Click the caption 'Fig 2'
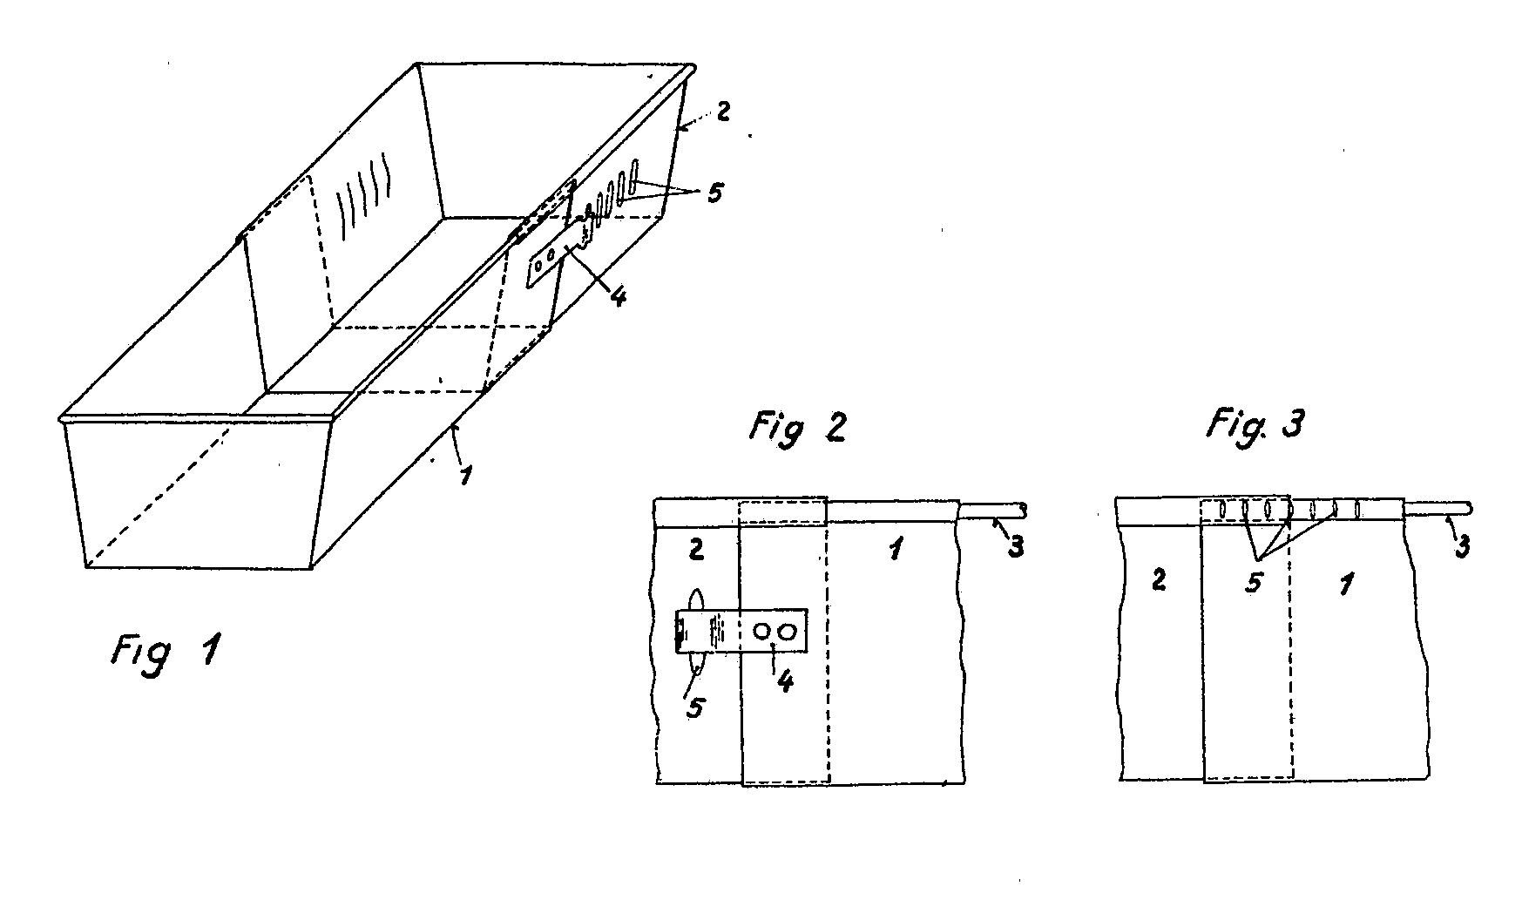(797, 428)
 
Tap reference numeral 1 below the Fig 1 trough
(467, 475)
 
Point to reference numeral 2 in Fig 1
(725, 112)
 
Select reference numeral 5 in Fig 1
(714, 193)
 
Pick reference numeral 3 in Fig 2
(1015, 546)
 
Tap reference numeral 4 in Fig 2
(784, 681)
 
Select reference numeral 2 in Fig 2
(696, 549)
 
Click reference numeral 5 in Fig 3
(1253, 581)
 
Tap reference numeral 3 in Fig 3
(1462, 546)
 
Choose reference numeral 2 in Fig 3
(1159, 580)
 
